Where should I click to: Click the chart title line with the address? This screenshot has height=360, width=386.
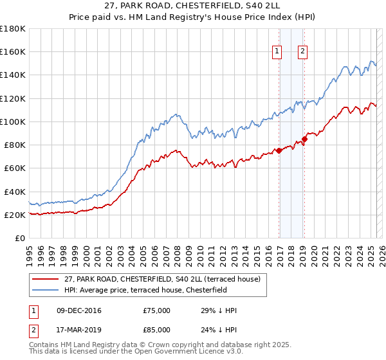(x=193, y=6)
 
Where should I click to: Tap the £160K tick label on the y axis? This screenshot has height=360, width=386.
(x=13, y=51)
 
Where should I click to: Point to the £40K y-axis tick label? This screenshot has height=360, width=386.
(x=14, y=192)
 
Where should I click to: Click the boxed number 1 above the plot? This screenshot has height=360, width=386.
(x=277, y=52)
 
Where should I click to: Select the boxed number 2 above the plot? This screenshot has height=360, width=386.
(x=302, y=52)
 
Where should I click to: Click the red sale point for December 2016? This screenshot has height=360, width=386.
(x=279, y=150)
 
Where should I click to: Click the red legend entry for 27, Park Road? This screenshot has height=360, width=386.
(x=162, y=279)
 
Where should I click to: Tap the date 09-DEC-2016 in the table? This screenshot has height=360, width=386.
(x=79, y=310)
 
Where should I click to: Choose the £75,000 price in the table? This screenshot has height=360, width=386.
(x=157, y=310)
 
